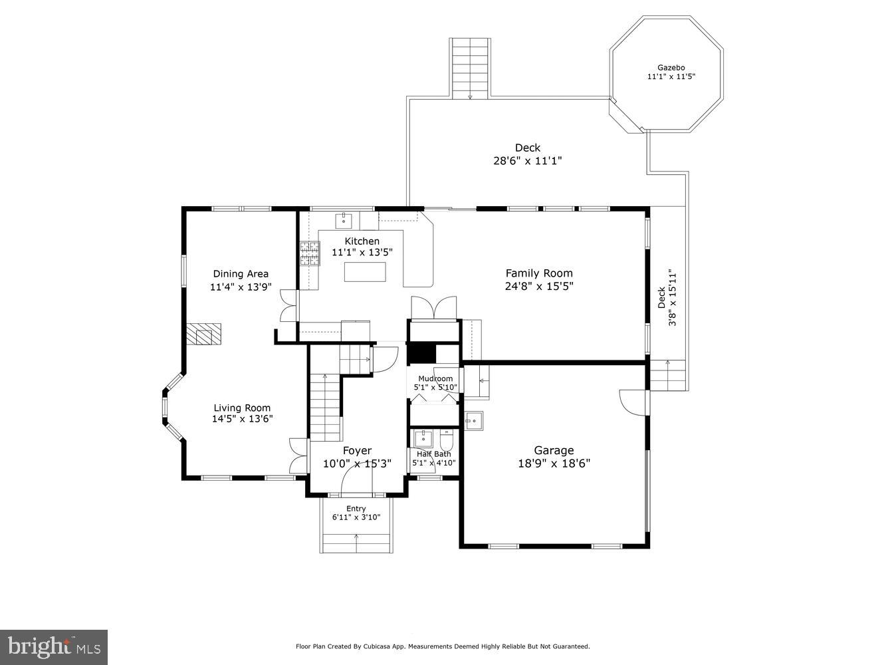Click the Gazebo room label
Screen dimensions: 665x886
tap(671, 67)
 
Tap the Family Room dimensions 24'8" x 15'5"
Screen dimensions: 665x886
tap(538, 287)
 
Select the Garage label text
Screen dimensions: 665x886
tap(554, 450)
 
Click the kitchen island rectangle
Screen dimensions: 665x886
tap(365, 272)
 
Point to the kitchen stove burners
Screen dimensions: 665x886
tap(309, 253)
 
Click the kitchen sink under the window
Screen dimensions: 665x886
tap(344, 219)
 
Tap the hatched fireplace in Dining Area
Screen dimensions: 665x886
tap(203, 334)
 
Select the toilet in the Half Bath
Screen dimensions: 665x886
tap(446, 440)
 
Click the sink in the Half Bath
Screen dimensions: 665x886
tap(423, 439)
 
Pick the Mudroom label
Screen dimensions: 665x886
tap(435, 379)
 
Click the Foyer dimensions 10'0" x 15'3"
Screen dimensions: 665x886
tap(357, 464)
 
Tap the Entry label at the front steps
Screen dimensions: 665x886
tap(356, 509)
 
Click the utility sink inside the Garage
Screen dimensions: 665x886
tap(473, 421)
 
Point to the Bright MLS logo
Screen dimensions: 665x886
tap(54, 646)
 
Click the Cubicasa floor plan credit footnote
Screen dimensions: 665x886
tap(443, 646)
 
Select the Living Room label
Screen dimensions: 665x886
tap(242, 408)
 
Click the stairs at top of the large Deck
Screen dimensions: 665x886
tap(471, 68)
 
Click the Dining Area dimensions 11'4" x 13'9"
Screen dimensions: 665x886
tap(241, 287)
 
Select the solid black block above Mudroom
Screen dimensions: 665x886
tap(421, 353)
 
